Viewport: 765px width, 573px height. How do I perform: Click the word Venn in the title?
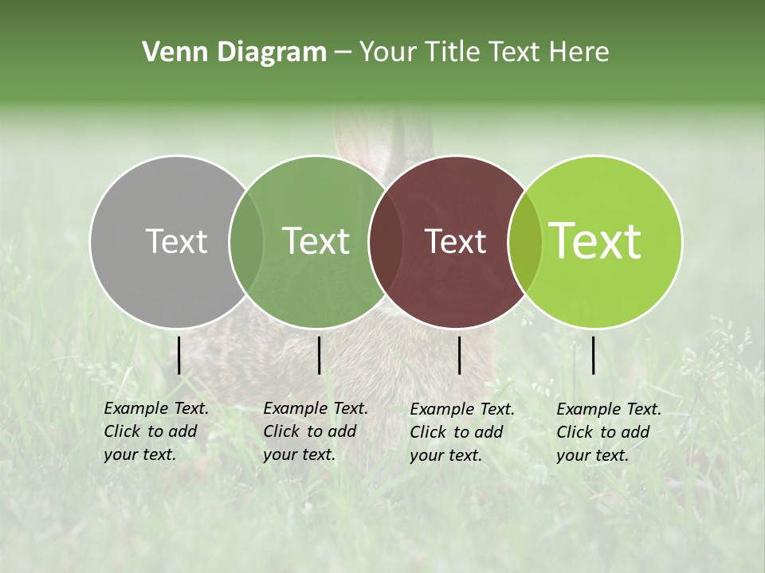[x=169, y=53]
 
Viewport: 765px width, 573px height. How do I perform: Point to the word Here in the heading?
[x=579, y=53]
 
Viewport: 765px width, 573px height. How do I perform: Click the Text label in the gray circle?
[x=176, y=241]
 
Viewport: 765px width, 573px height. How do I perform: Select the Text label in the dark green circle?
[x=316, y=241]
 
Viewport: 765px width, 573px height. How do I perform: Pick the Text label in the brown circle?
[x=455, y=241]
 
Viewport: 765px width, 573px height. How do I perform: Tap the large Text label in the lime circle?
[x=595, y=241]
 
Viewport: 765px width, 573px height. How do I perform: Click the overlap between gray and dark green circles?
[x=246, y=241]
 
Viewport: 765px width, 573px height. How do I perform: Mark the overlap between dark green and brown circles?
[x=386, y=241]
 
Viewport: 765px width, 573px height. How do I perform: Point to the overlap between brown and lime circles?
[x=524, y=241]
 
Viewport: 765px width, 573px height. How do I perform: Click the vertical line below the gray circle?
[x=179, y=355]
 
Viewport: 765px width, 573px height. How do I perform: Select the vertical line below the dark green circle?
[x=319, y=355]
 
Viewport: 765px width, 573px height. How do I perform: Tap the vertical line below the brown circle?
[x=459, y=355]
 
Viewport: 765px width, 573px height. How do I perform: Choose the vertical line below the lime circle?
[x=594, y=355]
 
